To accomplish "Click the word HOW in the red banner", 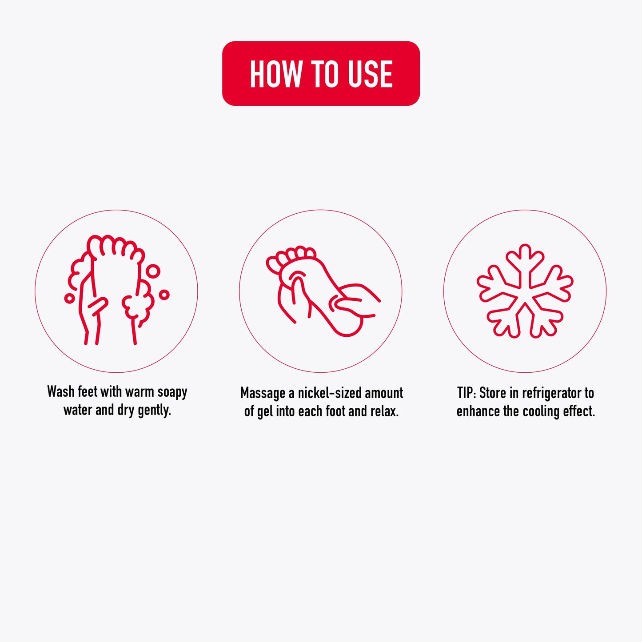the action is pos(276,74).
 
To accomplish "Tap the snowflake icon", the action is pos(525,291).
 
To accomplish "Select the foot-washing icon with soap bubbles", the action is pos(116,290).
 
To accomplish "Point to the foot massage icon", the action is pos(323,291).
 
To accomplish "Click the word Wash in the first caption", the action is pos(60,392).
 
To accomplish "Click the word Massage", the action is pos(263,394).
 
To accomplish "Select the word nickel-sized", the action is pos(330,393).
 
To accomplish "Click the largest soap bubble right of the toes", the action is pos(153,271).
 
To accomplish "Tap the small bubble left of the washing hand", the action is pos(69,298).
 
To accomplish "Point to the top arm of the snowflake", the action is pos(525,263).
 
